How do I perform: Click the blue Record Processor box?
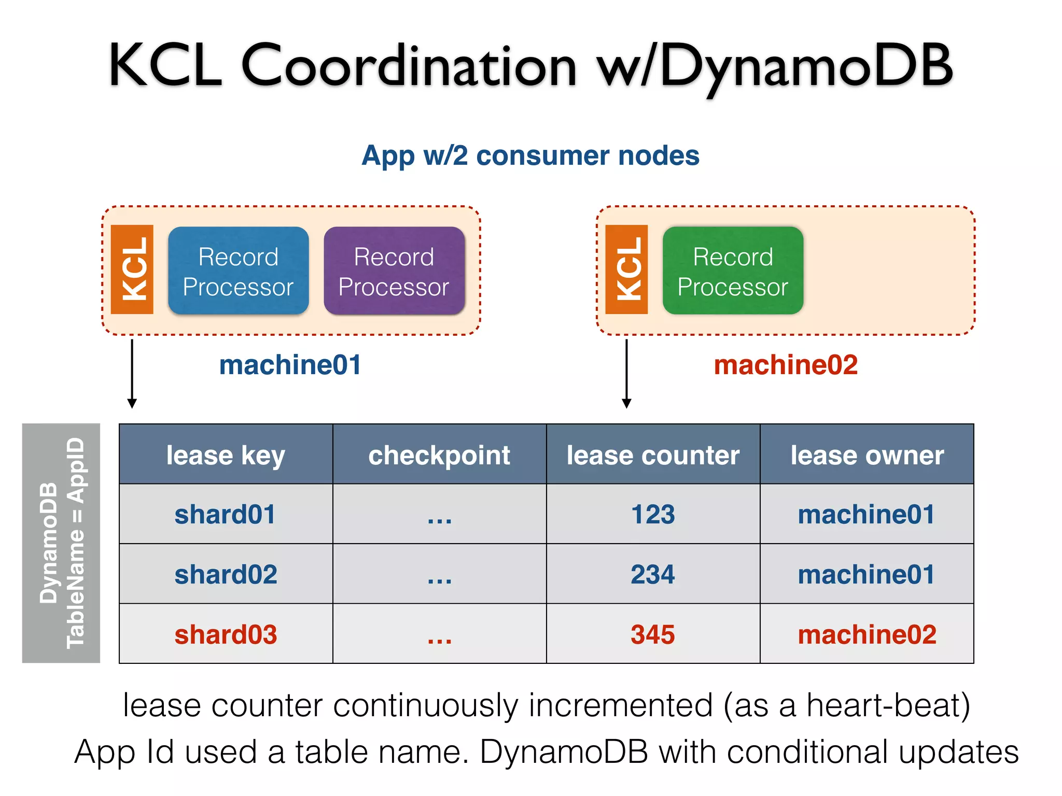[238, 271]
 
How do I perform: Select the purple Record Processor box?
[394, 271]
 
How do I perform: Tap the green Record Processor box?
[733, 271]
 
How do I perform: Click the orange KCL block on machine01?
[132, 269]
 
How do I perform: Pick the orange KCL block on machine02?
[626, 269]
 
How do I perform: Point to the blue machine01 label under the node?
[290, 365]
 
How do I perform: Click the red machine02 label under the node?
[785, 365]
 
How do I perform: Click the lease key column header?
[226, 455]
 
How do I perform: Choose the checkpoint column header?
[439, 455]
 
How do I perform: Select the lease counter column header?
[653, 455]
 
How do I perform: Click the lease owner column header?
[867, 455]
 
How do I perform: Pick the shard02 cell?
[226, 574]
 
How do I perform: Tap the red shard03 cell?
[226, 634]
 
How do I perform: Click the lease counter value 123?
[653, 514]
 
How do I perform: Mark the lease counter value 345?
[653, 634]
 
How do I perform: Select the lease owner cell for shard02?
[867, 574]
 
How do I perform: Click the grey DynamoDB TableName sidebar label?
[61, 543]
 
